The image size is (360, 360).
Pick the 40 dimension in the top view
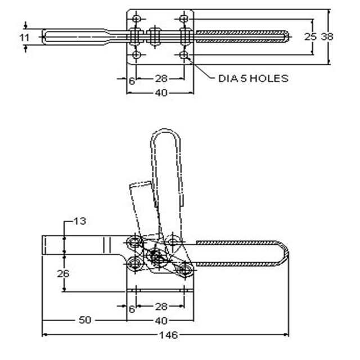click(x=160, y=93)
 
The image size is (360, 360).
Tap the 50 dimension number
click(x=85, y=321)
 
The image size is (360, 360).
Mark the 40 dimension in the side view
click(x=160, y=321)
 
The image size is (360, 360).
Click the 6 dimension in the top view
click(x=131, y=80)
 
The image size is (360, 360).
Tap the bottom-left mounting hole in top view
click(x=136, y=55)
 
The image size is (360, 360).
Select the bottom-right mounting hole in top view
click(x=184, y=55)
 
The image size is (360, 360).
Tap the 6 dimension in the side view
click(x=131, y=309)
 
